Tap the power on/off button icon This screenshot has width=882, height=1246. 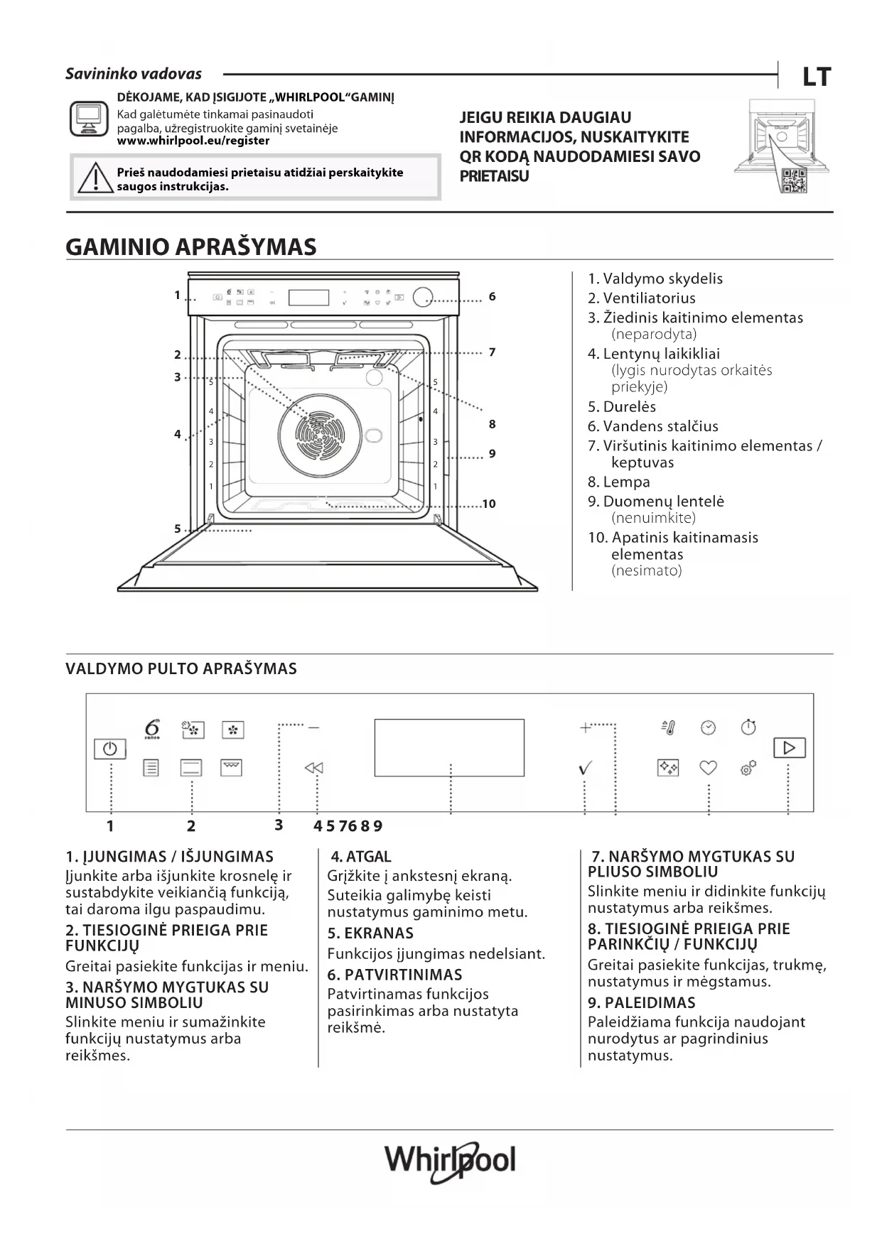click(x=109, y=749)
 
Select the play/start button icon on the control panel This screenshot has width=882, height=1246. click(x=789, y=747)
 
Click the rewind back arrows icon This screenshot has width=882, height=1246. click(x=313, y=768)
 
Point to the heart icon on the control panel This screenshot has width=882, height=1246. click(x=708, y=767)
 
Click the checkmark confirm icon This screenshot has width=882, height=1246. click(x=586, y=768)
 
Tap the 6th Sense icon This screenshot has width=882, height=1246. click(x=152, y=730)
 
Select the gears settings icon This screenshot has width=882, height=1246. click(x=748, y=767)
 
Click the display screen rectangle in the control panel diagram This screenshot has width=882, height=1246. click(x=449, y=747)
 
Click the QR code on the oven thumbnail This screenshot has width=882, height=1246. click(x=793, y=181)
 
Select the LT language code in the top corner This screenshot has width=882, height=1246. click(x=817, y=77)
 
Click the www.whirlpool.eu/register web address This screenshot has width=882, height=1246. click(x=193, y=141)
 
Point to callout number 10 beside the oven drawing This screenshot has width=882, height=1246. click(x=489, y=504)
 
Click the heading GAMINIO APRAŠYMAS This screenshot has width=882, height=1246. click(x=190, y=247)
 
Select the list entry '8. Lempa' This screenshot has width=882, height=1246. click(x=618, y=482)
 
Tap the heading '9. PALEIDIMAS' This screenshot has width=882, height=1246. click(x=641, y=1002)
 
